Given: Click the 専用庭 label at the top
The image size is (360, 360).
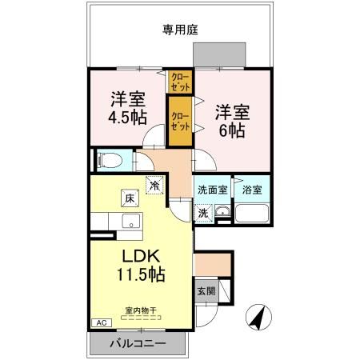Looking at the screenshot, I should pyautogui.click(x=180, y=30).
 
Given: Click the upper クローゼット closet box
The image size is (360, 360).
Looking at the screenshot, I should pyautogui.click(x=178, y=82).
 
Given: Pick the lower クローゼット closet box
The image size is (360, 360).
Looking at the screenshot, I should pyautogui.click(x=180, y=121).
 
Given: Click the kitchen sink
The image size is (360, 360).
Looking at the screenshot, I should pyautogui.click(x=128, y=221).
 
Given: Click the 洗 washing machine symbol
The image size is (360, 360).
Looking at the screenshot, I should pyautogui.click(x=203, y=214).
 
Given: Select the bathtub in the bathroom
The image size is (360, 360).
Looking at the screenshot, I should pyautogui.click(x=252, y=214).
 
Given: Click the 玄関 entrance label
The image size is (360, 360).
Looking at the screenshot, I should pyautogui.click(x=206, y=291).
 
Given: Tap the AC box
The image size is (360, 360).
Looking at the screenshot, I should pyautogui.click(x=102, y=323).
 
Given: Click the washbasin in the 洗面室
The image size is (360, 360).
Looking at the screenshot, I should pyautogui.click(x=223, y=213).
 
